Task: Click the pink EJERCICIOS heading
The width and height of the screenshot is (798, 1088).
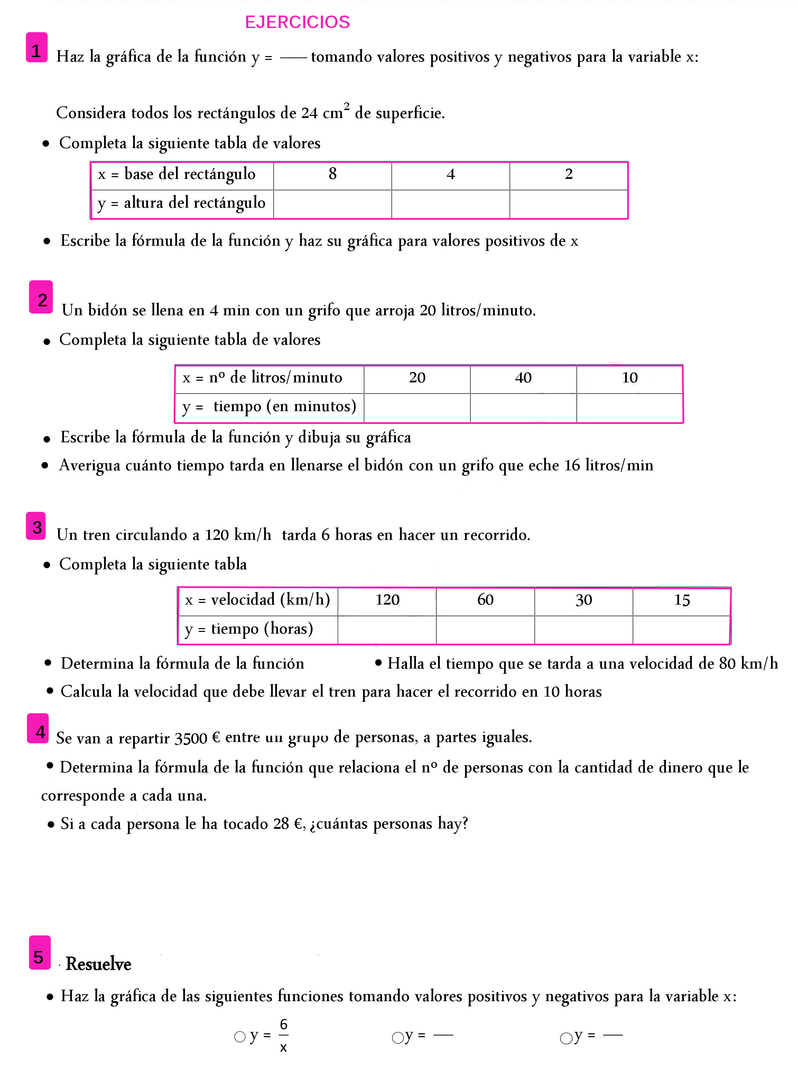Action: click(297, 22)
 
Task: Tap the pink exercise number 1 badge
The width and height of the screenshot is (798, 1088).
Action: click(37, 48)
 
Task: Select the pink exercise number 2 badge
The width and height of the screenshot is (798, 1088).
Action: click(41, 298)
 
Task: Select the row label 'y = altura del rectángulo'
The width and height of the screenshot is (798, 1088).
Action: click(182, 203)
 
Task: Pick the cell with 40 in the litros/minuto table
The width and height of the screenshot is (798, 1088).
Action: click(523, 378)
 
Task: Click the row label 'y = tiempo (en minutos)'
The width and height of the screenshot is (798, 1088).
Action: click(269, 407)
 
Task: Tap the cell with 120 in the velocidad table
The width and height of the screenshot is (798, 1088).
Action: click(387, 600)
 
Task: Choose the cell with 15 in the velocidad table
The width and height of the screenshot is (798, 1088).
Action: click(681, 601)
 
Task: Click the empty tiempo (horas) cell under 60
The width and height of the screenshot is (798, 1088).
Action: click(485, 630)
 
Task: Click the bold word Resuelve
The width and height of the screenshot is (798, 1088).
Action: click(99, 964)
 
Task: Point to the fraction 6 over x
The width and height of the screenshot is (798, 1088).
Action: click(283, 1035)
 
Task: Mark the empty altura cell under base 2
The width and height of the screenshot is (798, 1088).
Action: click(568, 204)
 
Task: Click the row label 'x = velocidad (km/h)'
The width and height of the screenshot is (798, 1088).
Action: click(258, 600)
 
